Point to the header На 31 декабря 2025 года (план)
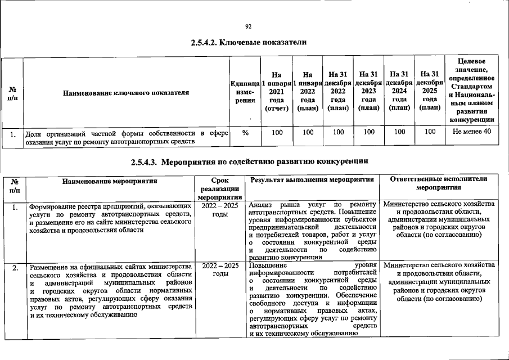[430, 91]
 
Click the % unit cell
[245, 132]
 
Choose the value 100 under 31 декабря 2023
[368, 132]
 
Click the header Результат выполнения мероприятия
[312, 180]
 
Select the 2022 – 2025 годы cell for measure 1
[220, 210]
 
